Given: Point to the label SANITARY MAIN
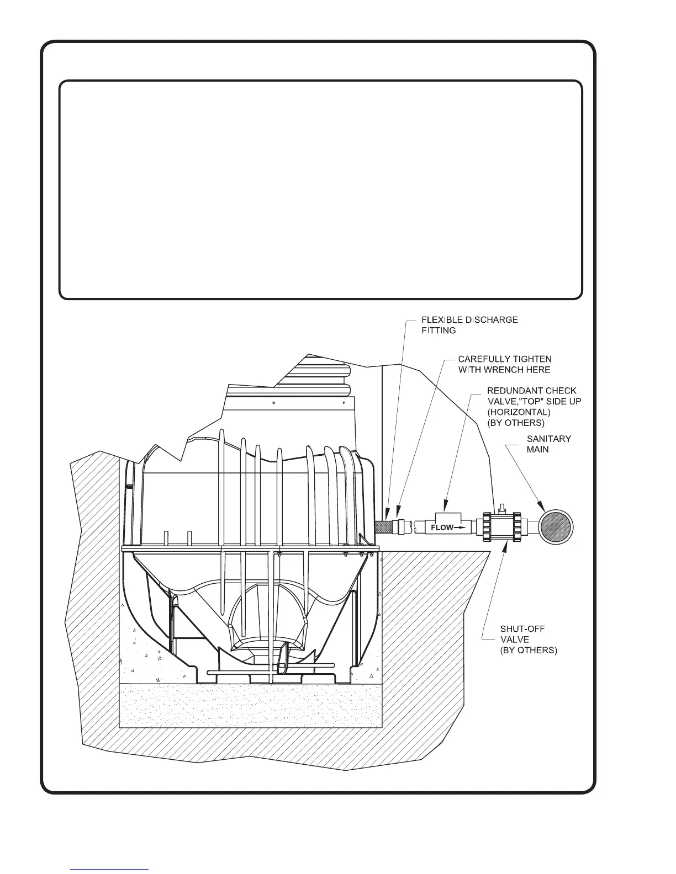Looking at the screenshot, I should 549,444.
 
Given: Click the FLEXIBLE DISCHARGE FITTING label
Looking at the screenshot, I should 469,325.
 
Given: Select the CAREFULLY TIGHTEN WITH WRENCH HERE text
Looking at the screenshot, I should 504,364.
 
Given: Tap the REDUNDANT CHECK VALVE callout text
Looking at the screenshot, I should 534,407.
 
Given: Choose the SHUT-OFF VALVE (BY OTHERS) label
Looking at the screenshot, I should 528,639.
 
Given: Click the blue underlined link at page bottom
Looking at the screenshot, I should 109,869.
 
